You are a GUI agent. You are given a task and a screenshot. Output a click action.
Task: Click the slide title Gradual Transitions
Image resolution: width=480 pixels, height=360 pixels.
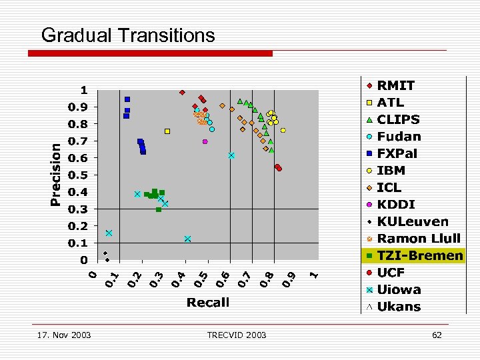(x=128, y=35)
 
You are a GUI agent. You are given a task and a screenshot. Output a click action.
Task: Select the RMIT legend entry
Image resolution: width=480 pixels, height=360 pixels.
(x=395, y=85)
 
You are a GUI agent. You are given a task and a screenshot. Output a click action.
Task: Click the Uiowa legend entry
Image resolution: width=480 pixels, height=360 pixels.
(x=399, y=289)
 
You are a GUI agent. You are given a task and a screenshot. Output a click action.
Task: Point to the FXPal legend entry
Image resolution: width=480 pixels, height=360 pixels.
(x=397, y=153)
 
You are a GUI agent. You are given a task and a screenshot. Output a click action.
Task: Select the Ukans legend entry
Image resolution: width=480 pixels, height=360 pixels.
(x=399, y=307)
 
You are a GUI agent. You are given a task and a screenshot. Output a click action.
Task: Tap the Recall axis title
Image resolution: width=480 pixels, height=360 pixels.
(x=208, y=303)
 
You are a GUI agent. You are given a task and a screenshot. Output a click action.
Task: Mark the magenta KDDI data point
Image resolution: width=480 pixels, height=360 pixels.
(x=205, y=141)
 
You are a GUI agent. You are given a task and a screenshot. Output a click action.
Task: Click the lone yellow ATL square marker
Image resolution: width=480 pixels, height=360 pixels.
(x=167, y=131)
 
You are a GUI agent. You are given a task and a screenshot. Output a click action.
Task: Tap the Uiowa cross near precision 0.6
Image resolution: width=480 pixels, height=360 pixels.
(x=231, y=155)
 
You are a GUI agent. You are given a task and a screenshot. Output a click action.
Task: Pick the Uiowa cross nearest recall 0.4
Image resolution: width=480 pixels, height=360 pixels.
(x=188, y=239)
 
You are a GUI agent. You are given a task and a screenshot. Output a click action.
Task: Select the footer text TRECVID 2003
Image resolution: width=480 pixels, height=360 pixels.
(x=237, y=335)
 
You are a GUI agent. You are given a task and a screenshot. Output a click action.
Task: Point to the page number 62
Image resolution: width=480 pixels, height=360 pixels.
(x=437, y=335)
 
